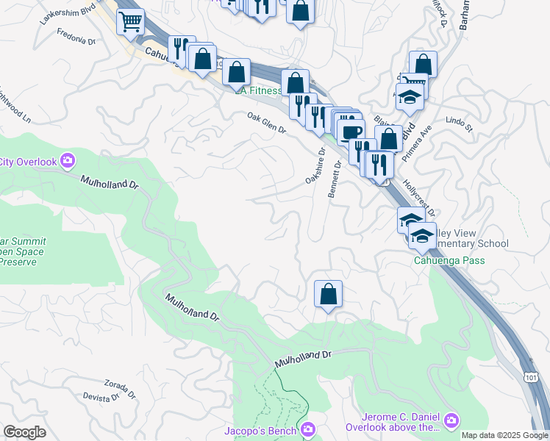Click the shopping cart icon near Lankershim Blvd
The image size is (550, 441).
(130, 22)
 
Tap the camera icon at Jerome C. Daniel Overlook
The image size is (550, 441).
(451, 420)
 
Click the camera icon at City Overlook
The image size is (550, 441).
(68, 159)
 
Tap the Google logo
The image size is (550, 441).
(24, 432)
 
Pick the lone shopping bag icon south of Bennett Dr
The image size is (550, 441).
(328, 294)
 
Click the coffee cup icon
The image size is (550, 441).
(351, 132)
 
